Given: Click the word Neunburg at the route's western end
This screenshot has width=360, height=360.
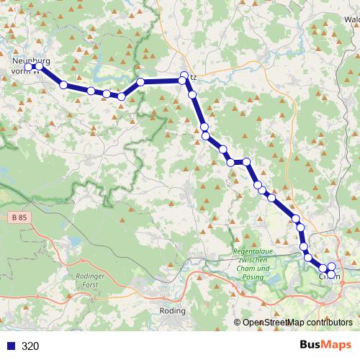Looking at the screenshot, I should tap(28, 61).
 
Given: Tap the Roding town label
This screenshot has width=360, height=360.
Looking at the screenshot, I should tap(174, 311).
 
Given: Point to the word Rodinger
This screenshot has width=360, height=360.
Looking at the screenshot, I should tap(87, 276).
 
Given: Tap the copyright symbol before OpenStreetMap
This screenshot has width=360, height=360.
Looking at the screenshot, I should tap(238, 323).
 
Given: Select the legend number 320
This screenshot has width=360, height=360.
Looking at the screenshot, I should tap(30, 346).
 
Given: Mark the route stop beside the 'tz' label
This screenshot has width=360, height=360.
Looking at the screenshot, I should tap(184, 77).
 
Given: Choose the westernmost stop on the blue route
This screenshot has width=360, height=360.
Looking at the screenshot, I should tap(32, 67).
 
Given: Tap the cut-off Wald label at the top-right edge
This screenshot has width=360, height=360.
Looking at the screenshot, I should tap(351, 19).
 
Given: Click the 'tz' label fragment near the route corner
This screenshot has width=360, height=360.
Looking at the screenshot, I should tap(191, 76).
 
